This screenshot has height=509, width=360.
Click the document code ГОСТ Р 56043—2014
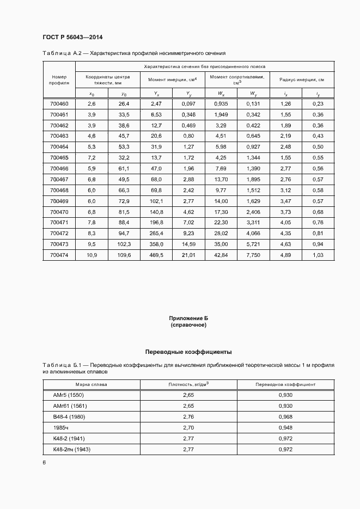click(72, 37)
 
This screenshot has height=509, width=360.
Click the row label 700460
click(59, 103)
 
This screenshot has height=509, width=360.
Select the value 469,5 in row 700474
click(156, 255)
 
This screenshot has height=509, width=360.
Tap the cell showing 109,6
click(124, 255)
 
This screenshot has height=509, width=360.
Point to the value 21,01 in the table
click(188, 255)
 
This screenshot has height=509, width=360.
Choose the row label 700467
click(59, 179)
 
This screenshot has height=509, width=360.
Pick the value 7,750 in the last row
click(253, 255)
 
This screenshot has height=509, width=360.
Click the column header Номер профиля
click(59, 81)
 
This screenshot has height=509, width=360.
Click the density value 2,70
click(188, 427)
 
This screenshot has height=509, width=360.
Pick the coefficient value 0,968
click(285, 416)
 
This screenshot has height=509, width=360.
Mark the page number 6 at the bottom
click(44, 462)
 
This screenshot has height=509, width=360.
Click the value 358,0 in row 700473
click(156, 244)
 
